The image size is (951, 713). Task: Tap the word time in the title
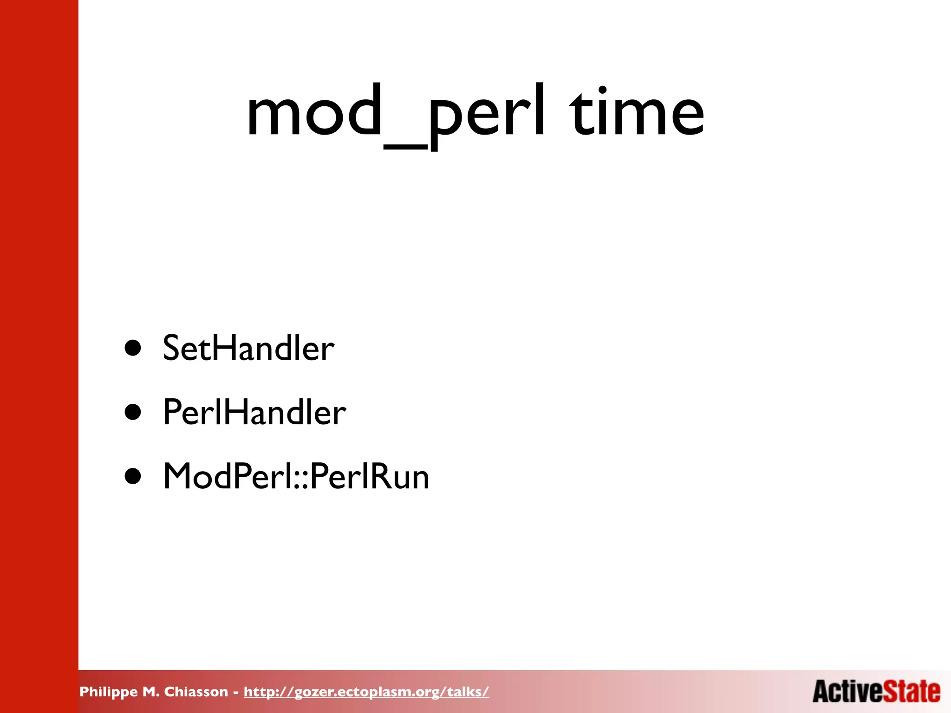(637, 114)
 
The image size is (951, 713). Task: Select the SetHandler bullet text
(248, 348)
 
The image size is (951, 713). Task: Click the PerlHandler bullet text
(254, 412)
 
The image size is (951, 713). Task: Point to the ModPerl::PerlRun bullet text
(296, 477)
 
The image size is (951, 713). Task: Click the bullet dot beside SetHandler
(133, 348)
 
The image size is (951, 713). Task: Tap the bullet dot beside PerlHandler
(133, 412)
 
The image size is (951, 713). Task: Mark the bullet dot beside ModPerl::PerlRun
(133, 476)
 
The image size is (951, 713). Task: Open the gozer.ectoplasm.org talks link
(366, 692)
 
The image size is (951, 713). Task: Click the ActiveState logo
(876, 692)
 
